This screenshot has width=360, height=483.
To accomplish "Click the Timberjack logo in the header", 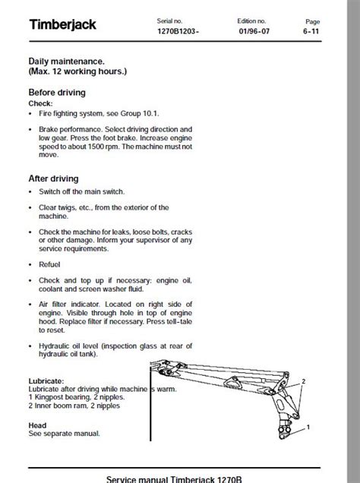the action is click(x=63, y=24).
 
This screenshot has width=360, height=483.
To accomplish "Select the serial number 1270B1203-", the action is click(x=178, y=31).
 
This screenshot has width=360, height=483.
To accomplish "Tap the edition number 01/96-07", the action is click(x=254, y=31).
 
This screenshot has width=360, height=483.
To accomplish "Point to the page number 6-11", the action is click(x=311, y=31).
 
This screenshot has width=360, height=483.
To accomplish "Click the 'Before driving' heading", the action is click(x=57, y=93).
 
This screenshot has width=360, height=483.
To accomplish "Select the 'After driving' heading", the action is click(x=54, y=178).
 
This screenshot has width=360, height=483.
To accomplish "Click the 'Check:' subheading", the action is click(x=41, y=103).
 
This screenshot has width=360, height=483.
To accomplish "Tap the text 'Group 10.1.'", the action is click(x=140, y=114).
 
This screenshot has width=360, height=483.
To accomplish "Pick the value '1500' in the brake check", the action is click(x=96, y=147).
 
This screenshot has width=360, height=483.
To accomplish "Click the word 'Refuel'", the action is click(x=49, y=264).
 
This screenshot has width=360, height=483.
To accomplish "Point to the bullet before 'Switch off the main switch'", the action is click(x=30, y=192).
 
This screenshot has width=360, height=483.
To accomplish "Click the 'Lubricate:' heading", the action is click(x=46, y=381).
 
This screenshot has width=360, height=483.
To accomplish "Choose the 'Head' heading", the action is click(x=37, y=425).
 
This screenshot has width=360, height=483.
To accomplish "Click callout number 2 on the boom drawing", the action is click(x=303, y=381).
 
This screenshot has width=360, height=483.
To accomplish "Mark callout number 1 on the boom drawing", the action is click(x=308, y=428).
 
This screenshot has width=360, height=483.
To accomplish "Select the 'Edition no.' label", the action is click(x=251, y=21).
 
